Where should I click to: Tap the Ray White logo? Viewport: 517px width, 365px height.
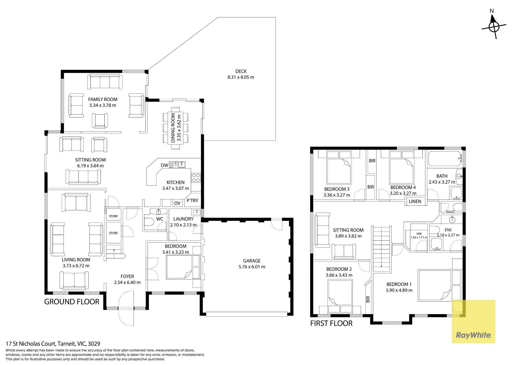(x=473, y=335)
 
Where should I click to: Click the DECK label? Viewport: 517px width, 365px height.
(x=241, y=71)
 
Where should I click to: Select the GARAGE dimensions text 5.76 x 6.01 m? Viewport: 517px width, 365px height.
(x=252, y=267)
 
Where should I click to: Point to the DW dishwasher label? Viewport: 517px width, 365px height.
(x=164, y=165)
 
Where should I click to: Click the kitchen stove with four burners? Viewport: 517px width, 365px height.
(x=196, y=178)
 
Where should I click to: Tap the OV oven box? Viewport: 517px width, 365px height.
(x=177, y=203)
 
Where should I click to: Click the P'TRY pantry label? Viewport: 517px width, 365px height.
(x=192, y=201)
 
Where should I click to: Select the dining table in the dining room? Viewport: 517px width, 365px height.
(x=176, y=128)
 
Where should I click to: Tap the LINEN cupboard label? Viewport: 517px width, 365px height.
(x=415, y=201)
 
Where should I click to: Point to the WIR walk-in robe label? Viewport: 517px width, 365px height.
(x=419, y=234)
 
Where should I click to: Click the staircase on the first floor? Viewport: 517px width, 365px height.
(x=381, y=249)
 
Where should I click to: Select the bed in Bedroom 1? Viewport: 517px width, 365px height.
(x=440, y=285)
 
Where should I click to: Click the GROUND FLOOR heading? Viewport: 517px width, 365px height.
(x=72, y=302)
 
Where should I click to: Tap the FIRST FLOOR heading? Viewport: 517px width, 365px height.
(x=331, y=323)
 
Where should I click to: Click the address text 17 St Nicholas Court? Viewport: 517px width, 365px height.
(x=31, y=344)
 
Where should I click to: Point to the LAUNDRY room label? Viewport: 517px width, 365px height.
(x=183, y=219)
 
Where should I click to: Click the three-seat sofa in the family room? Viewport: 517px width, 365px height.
(x=105, y=82)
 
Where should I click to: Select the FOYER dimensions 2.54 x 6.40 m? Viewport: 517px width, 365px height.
(x=127, y=282)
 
